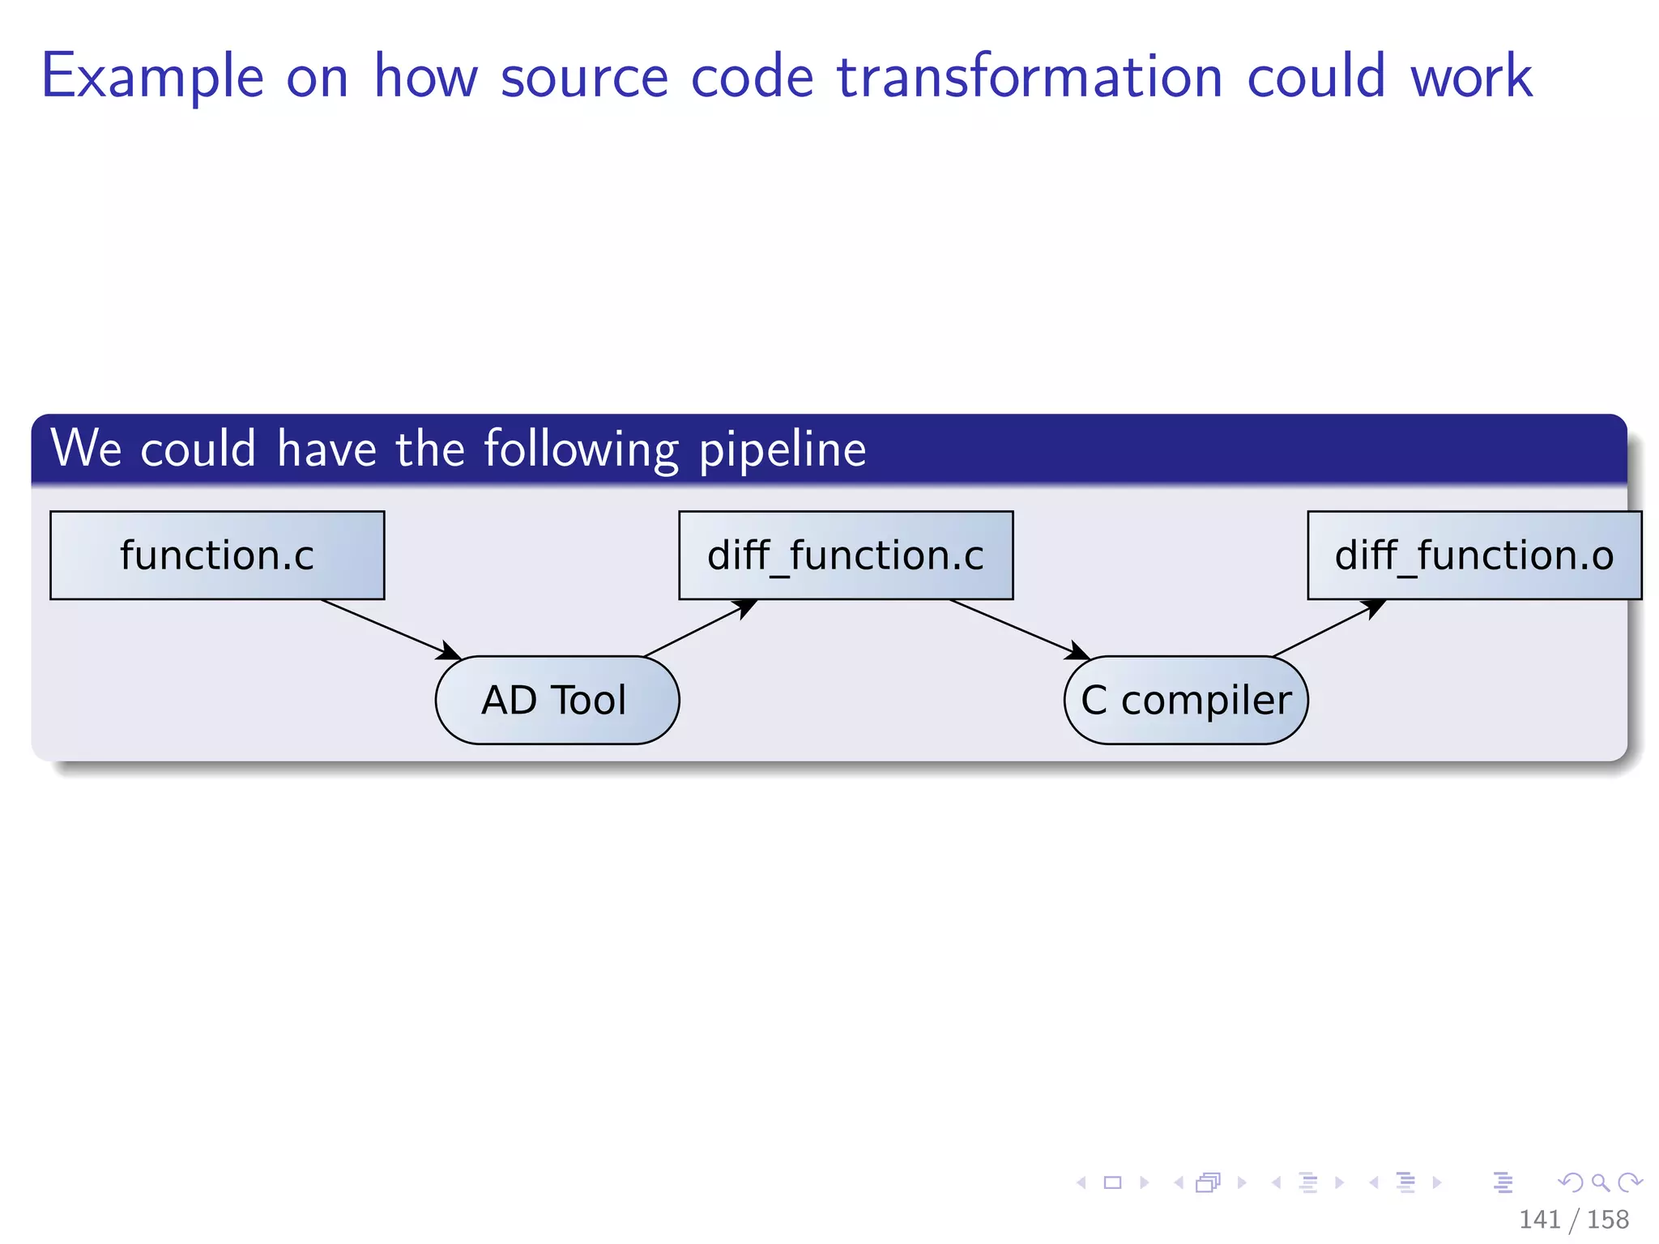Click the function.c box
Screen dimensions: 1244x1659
217,556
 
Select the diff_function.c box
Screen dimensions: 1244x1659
846,556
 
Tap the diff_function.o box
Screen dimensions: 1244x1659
1473,556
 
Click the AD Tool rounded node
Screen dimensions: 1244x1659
557,700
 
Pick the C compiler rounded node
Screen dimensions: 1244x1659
1186,700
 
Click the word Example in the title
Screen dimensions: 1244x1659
152,77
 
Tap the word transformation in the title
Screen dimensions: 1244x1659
1030,77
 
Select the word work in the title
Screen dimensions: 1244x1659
1471,77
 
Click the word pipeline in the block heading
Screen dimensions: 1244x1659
782,450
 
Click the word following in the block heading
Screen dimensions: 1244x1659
581,450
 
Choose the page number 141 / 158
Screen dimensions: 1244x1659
1573,1219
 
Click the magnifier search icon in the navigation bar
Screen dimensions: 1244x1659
1600,1182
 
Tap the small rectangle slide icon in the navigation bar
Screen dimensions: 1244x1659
1112,1182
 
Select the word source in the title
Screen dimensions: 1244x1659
584,77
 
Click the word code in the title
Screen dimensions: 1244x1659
752,77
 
